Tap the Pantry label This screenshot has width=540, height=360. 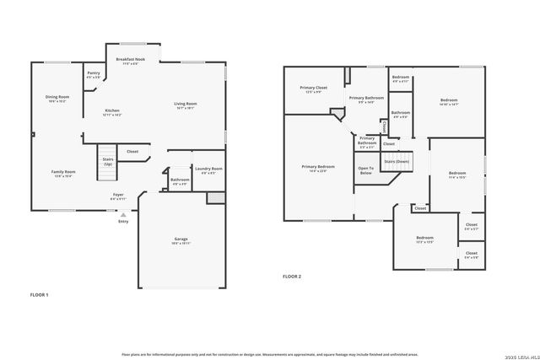click(x=94, y=74)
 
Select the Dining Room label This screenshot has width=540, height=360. click(x=57, y=98)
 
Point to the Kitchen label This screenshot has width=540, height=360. click(x=112, y=112)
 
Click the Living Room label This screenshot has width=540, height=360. click(x=185, y=105)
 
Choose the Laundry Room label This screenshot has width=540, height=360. click(x=208, y=169)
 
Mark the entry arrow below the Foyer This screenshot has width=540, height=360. click(x=123, y=213)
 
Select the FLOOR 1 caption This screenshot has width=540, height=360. click(x=40, y=294)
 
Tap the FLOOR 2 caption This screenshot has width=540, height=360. click(x=291, y=277)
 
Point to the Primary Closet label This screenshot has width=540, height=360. click(x=314, y=89)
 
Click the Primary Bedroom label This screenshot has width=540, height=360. click(x=318, y=168)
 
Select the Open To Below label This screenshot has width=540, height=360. click(x=365, y=169)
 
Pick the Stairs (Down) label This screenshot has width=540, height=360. click(x=397, y=161)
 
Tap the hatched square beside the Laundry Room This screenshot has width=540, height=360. click(x=216, y=198)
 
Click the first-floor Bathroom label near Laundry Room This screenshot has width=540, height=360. click(x=180, y=180)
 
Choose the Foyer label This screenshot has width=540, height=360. click(x=118, y=196)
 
